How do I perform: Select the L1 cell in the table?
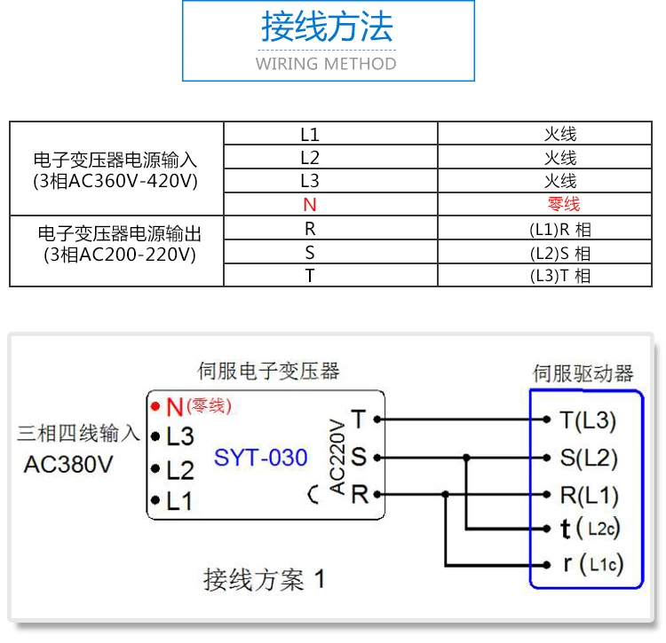(x=309, y=135)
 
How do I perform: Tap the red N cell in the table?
(x=309, y=204)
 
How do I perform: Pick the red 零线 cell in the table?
(x=560, y=204)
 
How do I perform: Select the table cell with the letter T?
(x=309, y=275)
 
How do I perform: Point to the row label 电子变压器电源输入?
(x=115, y=161)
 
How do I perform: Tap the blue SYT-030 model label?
(x=260, y=458)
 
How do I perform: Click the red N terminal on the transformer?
(x=174, y=407)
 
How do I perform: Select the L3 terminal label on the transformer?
(x=179, y=435)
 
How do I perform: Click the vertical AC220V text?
(x=337, y=457)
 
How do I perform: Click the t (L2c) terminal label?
(x=590, y=529)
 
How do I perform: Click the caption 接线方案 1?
(x=264, y=580)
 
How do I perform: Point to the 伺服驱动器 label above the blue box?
(x=583, y=372)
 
